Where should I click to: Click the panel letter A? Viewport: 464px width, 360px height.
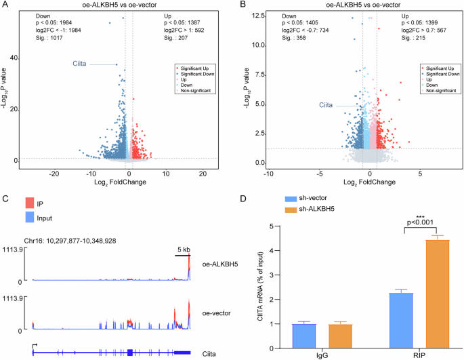tap(5, 6)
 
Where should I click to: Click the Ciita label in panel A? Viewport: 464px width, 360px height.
tap(81, 64)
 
